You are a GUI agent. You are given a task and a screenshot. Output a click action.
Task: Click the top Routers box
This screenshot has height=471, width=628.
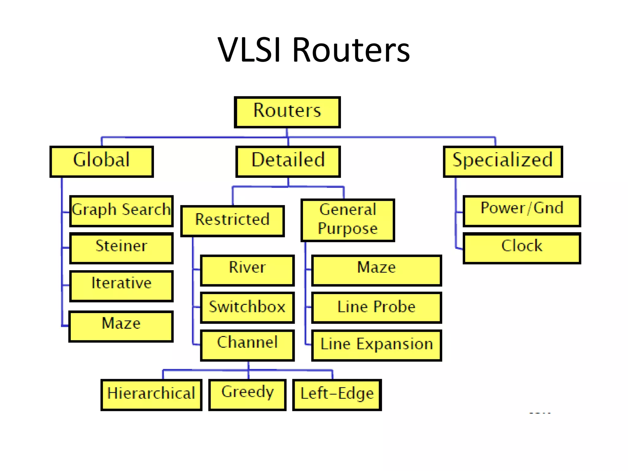click(x=287, y=112)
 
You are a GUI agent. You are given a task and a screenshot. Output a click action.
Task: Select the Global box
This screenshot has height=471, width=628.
click(x=101, y=162)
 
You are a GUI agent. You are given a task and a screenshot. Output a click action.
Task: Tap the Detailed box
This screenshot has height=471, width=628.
click(x=288, y=162)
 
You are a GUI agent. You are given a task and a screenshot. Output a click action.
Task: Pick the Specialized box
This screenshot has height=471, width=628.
click(x=503, y=162)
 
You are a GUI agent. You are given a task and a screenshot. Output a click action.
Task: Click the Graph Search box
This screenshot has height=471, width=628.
click(x=121, y=211)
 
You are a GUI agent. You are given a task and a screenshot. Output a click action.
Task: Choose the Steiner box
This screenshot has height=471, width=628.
click(x=121, y=248)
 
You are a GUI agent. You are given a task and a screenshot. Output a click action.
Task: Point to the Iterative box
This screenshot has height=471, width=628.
click(x=121, y=285)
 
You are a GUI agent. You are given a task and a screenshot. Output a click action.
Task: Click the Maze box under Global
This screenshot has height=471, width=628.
click(x=121, y=326)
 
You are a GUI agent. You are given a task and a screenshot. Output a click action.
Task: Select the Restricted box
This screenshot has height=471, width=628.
click(x=232, y=221)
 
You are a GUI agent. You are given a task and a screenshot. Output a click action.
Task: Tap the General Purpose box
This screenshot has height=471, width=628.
click(x=348, y=220)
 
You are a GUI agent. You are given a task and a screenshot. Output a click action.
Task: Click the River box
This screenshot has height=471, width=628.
click(x=247, y=270)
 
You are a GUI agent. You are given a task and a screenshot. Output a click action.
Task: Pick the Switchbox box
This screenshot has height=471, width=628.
click(x=247, y=307)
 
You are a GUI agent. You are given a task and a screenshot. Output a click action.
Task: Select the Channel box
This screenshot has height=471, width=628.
click(x=247, y=345)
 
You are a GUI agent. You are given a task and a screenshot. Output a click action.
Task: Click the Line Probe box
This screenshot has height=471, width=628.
click(x=376, y=307)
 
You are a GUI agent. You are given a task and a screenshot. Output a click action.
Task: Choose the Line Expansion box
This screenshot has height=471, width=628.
click(x=376, y=345)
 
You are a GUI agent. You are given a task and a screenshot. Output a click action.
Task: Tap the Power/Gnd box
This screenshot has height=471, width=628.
click(x=522, y=211)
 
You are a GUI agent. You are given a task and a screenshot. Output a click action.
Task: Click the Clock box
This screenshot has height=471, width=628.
click(x=522, y=248)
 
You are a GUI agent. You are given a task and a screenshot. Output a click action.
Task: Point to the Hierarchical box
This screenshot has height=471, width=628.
click(x=151, y=394)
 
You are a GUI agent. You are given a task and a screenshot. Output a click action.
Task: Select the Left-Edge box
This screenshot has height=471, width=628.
click(x=337, y=394)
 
